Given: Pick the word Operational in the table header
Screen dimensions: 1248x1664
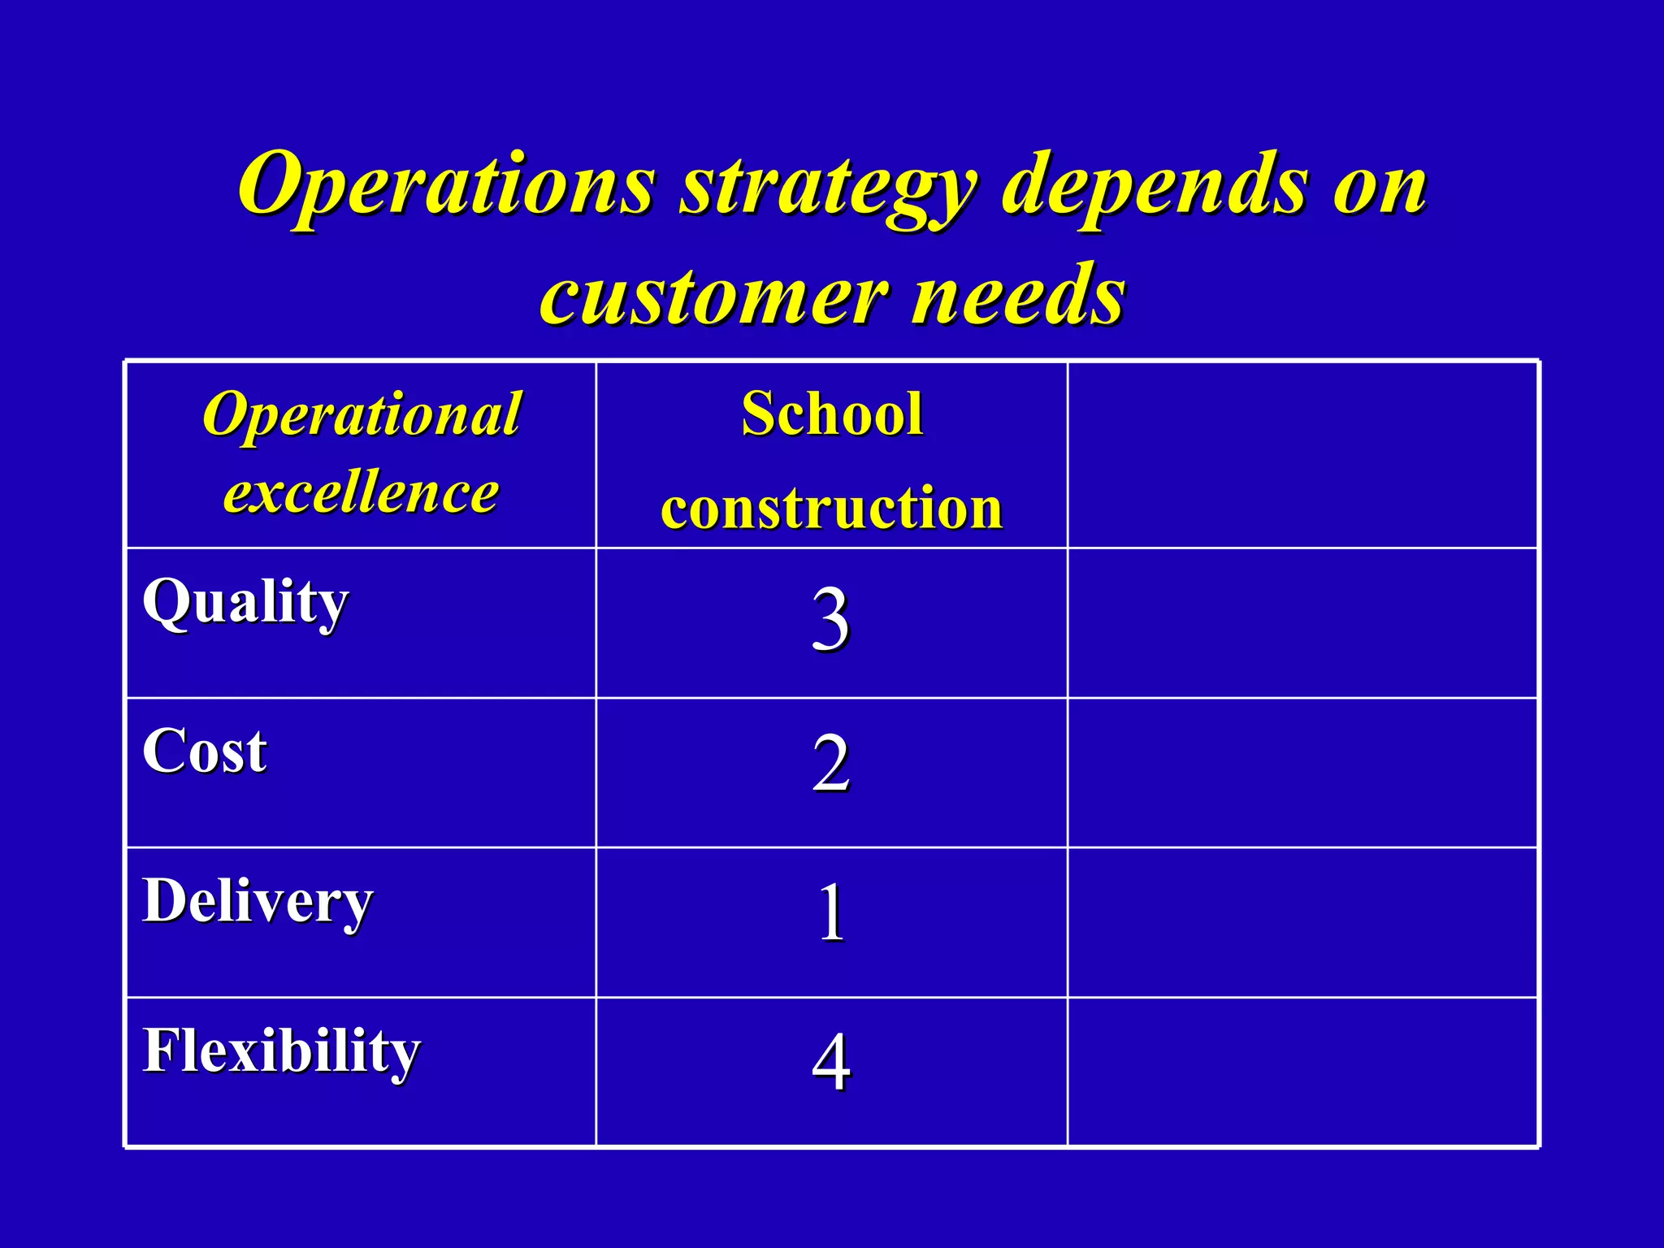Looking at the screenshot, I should point(362,414).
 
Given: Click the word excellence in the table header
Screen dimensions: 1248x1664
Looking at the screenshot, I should point(362,492).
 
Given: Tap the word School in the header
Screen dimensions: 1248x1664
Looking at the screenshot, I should point(832,414).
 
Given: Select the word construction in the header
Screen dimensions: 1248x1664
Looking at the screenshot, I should point(832,508).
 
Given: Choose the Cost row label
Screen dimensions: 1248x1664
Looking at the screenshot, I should point(205,751).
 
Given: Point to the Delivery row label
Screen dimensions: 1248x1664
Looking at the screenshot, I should point(258,902).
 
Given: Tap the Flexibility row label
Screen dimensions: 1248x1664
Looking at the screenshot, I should point(281,1051).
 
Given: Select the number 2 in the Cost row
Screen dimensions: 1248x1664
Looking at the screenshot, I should point(830,764).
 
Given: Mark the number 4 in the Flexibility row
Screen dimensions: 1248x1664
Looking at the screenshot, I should point(830,1061).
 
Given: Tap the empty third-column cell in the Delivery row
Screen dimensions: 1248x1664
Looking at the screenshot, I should point(1302,922).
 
